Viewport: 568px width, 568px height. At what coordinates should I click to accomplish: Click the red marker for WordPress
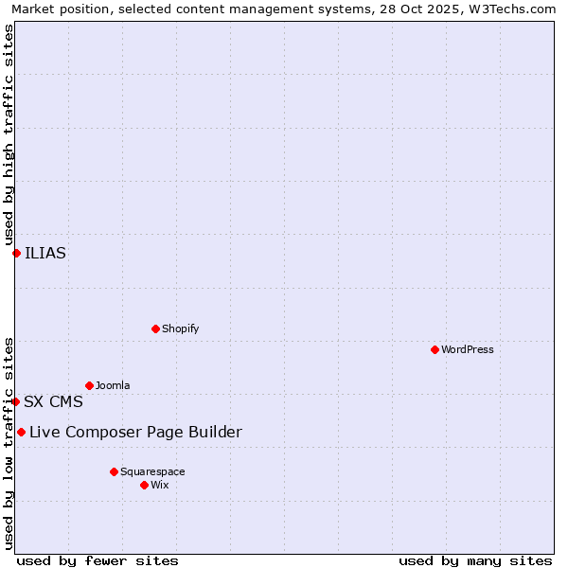tap(435, 349)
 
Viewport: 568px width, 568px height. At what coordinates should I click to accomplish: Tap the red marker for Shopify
tap(155, 328)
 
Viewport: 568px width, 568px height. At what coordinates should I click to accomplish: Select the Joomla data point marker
tap(89, 385)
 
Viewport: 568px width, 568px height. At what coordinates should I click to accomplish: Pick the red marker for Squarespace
tap(114, 471)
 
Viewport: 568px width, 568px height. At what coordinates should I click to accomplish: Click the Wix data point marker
tap(144, 485)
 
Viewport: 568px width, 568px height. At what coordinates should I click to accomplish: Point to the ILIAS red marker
tap(16, 253)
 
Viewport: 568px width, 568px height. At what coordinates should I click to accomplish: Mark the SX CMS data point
tap(15, 401)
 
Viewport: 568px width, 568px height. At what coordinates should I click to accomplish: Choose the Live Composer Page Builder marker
tap(21, 433)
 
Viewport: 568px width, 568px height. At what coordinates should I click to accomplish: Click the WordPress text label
tap(468, 349)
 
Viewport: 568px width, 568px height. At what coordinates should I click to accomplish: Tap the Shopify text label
tap(180, 328)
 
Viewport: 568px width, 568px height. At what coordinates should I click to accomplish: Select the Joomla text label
tap(113, 385)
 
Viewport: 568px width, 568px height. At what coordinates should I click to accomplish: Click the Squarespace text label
tap(152, 471)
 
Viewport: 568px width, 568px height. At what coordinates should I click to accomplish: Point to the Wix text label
tap(160, 485)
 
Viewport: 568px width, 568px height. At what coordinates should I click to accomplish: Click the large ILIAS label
tap(45, 253)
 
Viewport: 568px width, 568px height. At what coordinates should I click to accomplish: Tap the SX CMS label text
tap(53, 401)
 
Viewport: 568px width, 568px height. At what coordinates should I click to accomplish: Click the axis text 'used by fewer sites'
tap(98, 560)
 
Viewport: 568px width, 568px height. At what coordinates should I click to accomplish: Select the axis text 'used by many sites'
tap(475, 560)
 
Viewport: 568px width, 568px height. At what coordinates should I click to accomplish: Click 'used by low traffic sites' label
tap(9, 442)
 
